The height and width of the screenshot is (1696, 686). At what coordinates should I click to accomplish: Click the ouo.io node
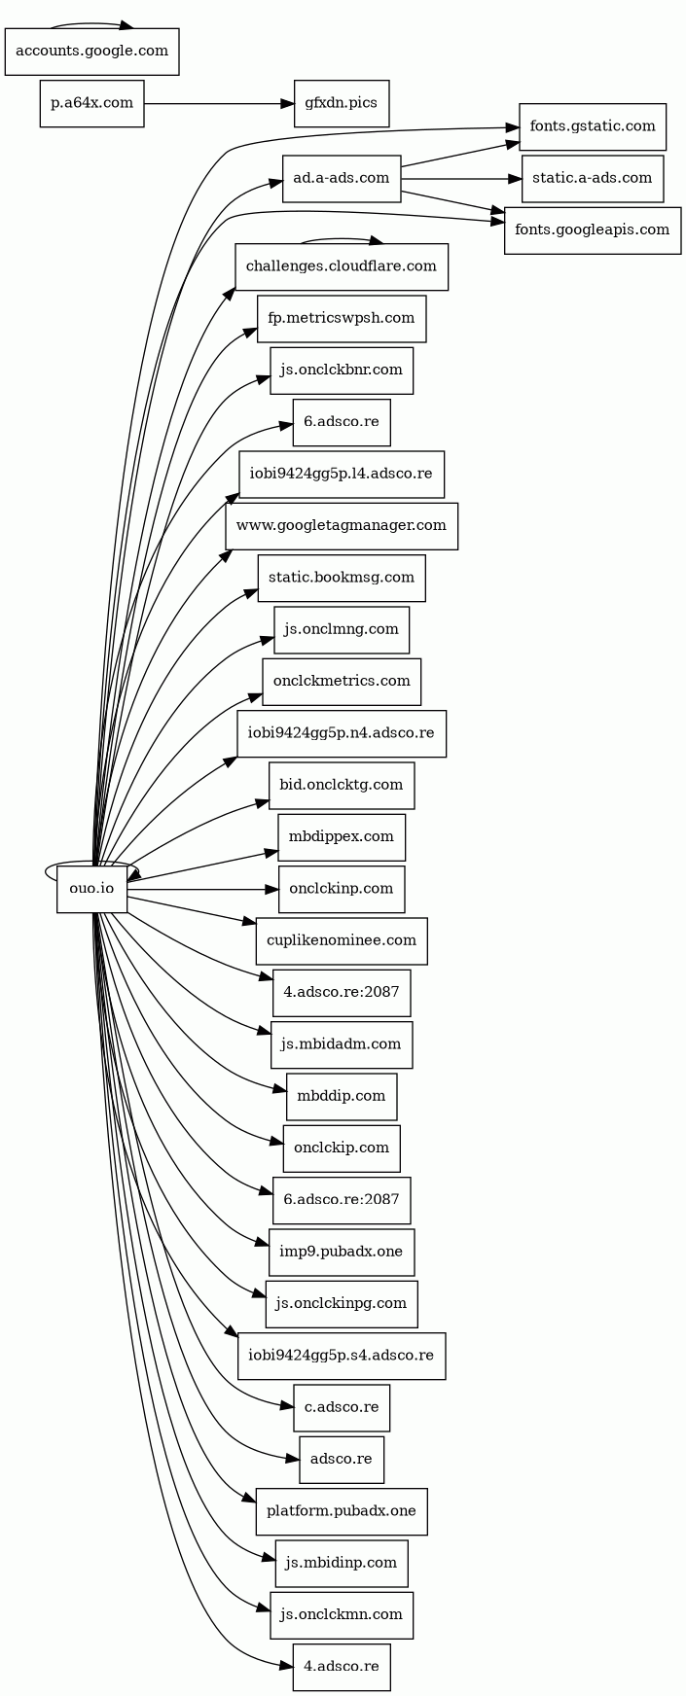(92, 889)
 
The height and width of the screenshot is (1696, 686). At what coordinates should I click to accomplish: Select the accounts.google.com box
(92, 52)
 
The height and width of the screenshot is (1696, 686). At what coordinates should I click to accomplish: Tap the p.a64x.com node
(91, 103)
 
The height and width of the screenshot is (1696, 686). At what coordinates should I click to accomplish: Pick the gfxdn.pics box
(342, 103)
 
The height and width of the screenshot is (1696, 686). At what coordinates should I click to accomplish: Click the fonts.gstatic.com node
(593, 126)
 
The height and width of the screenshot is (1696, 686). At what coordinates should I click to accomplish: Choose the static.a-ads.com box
(593, 178)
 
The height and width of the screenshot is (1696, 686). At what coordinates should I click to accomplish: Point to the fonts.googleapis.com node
(593, 230)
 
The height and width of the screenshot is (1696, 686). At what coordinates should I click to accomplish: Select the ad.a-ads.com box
(342, 178)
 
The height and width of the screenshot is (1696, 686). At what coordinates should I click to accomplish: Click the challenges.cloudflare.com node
(342, 266)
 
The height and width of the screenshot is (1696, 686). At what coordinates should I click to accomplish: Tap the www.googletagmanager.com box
(342, 526)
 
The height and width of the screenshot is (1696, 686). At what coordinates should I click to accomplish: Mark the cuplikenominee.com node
(342, 940)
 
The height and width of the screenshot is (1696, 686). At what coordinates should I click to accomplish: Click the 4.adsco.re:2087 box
(342, 993)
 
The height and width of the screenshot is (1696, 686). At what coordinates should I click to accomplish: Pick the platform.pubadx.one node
(342, 1511)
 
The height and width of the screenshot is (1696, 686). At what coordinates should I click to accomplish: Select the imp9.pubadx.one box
(342, 1253)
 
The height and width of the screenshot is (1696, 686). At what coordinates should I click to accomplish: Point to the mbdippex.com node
(342, 837)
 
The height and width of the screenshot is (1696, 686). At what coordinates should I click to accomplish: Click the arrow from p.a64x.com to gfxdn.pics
(219, 103)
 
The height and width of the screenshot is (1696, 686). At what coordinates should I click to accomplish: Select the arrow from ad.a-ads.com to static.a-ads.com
(461, 178)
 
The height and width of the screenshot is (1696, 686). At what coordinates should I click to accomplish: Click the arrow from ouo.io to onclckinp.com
(202, 889)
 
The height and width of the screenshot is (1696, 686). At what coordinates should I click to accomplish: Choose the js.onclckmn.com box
(342, 1615)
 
